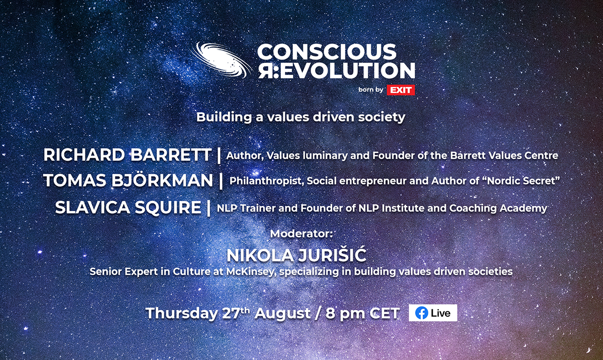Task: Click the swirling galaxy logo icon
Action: [221, 61]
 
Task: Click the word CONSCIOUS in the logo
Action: [327, 51]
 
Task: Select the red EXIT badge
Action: [400, 90]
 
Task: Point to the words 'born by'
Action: [371, 89]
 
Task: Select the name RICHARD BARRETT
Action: [127, 155]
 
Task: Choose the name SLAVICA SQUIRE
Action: [128, 207]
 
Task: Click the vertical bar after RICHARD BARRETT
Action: [219, 155]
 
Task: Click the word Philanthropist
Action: [266, 181]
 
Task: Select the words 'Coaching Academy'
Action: [498, 208]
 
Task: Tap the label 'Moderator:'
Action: [301, 233]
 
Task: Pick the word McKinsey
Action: [250, 272]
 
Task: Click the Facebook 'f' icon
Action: [422, 313]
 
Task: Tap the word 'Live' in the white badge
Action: [440, 313]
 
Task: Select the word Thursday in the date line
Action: [182, 313]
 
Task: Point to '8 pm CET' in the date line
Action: [362, 313]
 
